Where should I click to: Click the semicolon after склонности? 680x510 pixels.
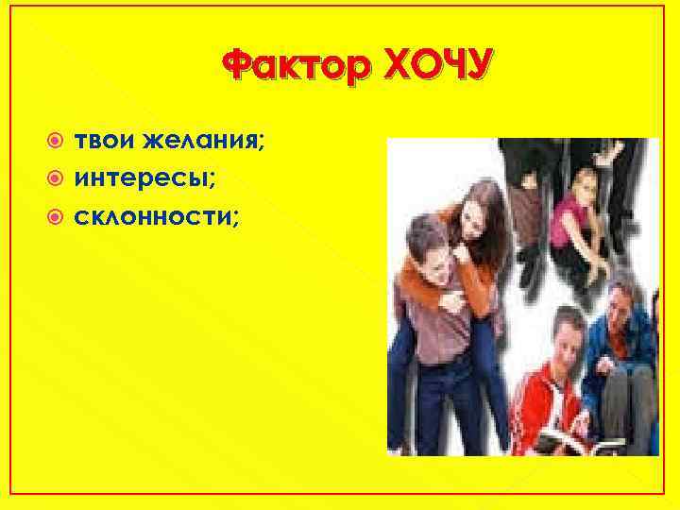(236, 218)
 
